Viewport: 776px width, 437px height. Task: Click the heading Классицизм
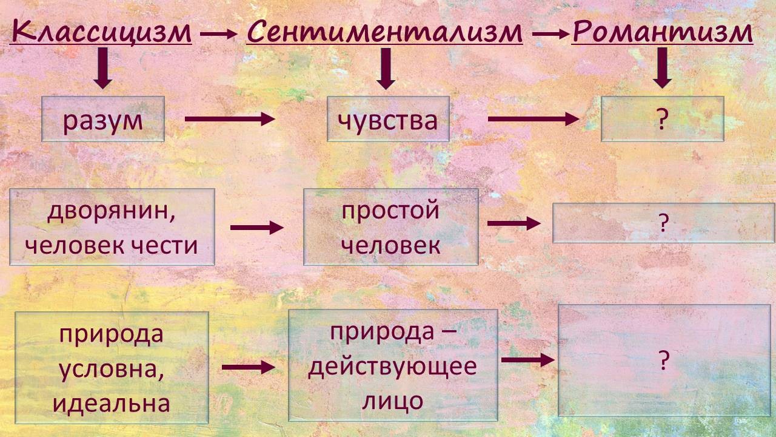(101, 32)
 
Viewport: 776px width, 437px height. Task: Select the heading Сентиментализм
(384, 32)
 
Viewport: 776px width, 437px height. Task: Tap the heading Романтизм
(663, 32)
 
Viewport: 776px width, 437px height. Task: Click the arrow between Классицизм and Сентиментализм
(218, 35)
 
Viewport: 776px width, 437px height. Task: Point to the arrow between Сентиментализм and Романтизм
(550, 35)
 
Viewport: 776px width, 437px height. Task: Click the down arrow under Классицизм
(102, 68)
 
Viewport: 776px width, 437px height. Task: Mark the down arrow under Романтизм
(663, 68)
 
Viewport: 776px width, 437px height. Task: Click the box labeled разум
(103, 119)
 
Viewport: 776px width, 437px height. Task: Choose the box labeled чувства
(388, 119)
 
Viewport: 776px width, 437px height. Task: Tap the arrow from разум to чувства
(230, 119)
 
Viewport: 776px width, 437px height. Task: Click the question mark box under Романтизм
(662, 119)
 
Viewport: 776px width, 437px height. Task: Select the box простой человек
(390, 227)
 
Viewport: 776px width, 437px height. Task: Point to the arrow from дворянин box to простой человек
(257, 228)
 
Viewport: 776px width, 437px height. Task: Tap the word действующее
(392, 367)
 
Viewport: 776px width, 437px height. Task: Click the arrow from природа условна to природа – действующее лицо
(248, 367)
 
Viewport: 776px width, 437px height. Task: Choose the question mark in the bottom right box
(664, 362)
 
